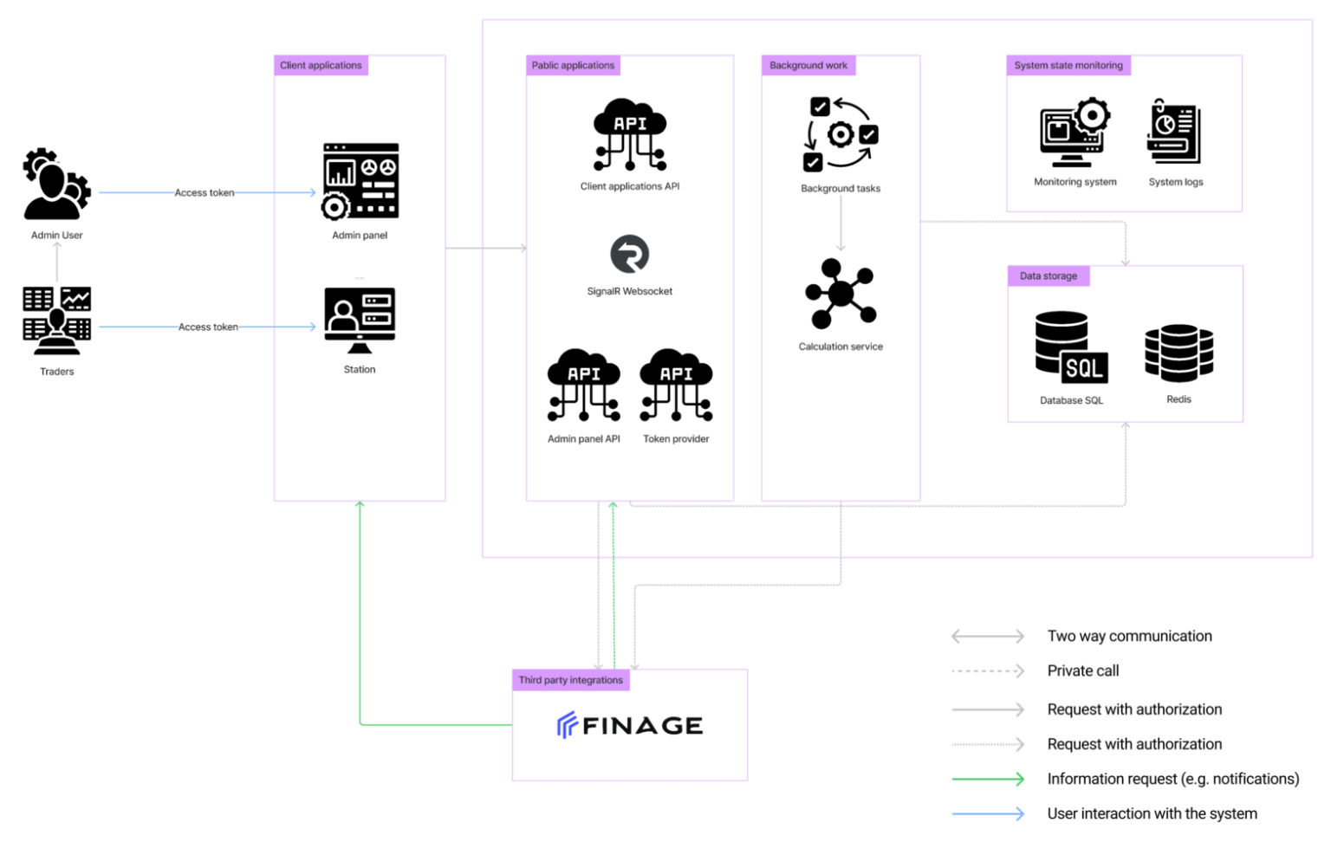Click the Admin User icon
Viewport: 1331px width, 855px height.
56,184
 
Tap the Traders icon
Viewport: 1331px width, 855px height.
56,321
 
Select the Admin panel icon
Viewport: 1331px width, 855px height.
360,181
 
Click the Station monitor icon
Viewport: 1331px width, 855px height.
360,321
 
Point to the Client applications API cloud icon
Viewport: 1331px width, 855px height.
630,134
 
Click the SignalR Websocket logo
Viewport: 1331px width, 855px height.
630,255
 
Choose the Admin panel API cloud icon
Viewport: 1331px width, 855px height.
583,385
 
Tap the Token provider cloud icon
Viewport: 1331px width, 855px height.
676,385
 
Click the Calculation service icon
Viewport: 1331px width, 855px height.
841,294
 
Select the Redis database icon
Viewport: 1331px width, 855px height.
1178,353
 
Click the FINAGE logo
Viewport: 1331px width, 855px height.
630,725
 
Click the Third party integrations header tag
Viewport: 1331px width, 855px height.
570,680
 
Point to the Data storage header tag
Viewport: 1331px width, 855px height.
1049,275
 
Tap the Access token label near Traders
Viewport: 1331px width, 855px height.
208,327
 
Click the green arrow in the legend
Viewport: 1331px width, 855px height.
988,779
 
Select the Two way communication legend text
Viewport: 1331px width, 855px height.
1130,636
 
